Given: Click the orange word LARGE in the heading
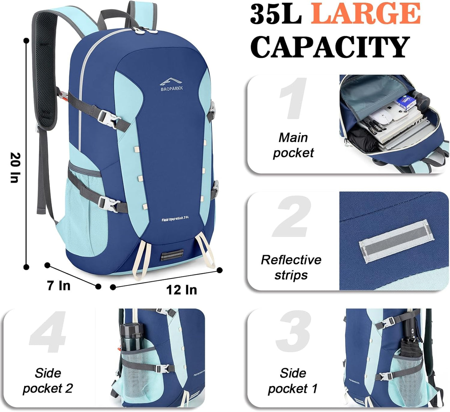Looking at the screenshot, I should tap(366, 13).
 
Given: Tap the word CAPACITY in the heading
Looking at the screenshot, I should tap(330, 47).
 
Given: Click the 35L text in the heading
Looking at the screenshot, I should tap(276, 14).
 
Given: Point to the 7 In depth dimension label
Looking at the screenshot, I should tap(59, 285).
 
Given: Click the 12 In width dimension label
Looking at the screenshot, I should tap(181, 290).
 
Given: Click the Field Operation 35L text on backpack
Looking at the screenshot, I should tap(175, 219).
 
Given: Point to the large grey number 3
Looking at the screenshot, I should tap(293, 331).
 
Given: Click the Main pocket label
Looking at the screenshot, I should tap(293, 145).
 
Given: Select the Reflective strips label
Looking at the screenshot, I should tap(291, 267).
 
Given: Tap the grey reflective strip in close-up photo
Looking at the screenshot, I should tap(396, 241).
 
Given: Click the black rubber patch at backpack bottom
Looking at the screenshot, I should tap(171, 256).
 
